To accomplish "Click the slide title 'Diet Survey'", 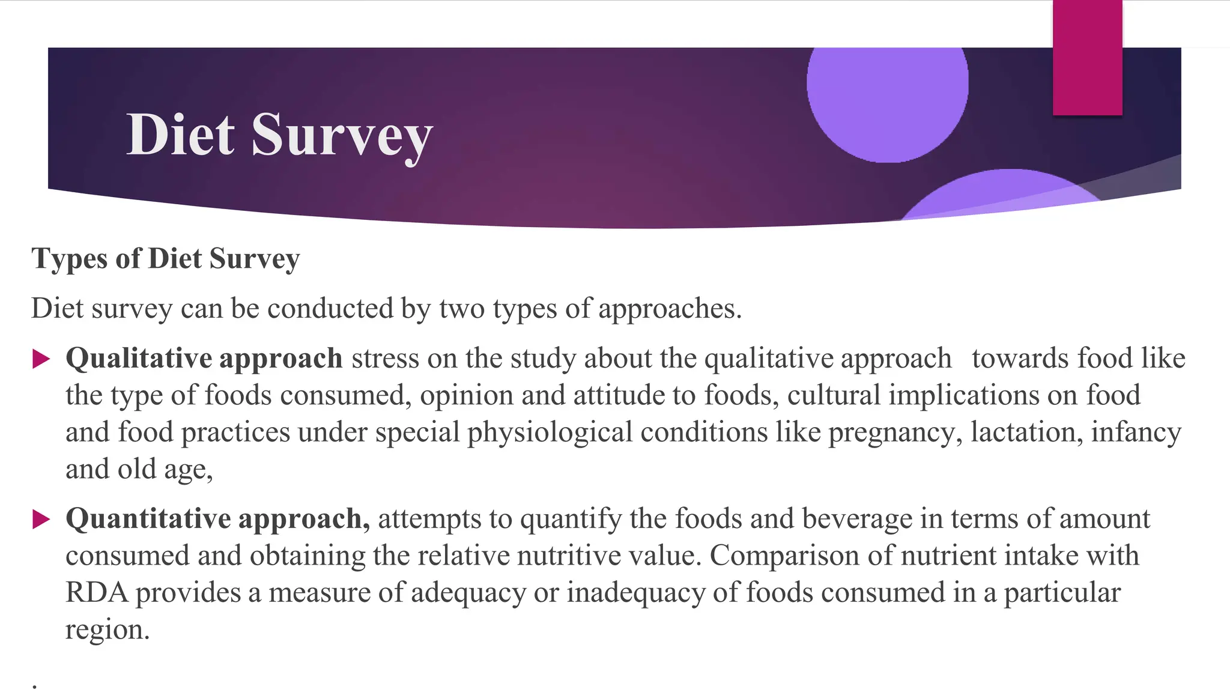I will (279, 135).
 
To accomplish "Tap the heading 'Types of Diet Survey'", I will (165, 259).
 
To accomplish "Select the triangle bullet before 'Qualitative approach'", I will (41, 359).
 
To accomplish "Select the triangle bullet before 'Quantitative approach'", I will (41, 519).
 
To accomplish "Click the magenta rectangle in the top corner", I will (1087, 58).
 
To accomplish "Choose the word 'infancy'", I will (1136, 432).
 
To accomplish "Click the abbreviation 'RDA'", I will (97, 593).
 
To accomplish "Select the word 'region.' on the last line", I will (107, 630).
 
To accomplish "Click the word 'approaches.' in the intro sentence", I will (670, 309).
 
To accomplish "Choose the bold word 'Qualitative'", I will (139, 359).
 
